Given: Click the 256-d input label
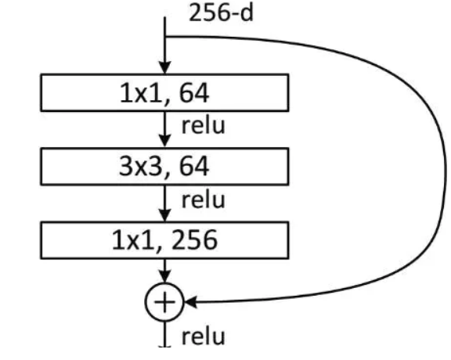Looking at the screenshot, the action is point(221,13).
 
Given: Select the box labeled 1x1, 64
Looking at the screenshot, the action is point(164,92).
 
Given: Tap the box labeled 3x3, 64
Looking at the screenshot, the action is point(164,167).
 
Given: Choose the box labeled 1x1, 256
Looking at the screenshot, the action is point(164,240).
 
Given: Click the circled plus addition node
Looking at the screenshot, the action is point(164,302).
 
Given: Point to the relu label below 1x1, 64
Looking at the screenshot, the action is point(203,125).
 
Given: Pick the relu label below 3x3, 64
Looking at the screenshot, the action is point(203,200).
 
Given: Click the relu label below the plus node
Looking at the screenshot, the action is point(203,337).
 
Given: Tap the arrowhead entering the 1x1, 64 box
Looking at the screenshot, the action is point(164,67).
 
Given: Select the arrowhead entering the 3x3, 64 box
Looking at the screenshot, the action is point(164,141).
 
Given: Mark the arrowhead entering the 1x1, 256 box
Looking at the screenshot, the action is point(164,215).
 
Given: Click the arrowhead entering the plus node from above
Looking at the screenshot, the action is point(164,276).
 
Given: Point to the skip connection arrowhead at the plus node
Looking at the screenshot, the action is point(190,302).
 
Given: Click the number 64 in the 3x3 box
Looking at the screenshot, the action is point(194,166).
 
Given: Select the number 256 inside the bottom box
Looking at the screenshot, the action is point(194,240).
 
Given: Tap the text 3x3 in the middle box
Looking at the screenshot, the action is point(140,166).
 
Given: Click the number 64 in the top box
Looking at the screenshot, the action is point(194,92).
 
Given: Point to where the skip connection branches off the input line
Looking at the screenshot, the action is point(164,37).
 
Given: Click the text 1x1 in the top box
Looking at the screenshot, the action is point(140,92).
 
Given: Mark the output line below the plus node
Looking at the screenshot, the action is point(164,334).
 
